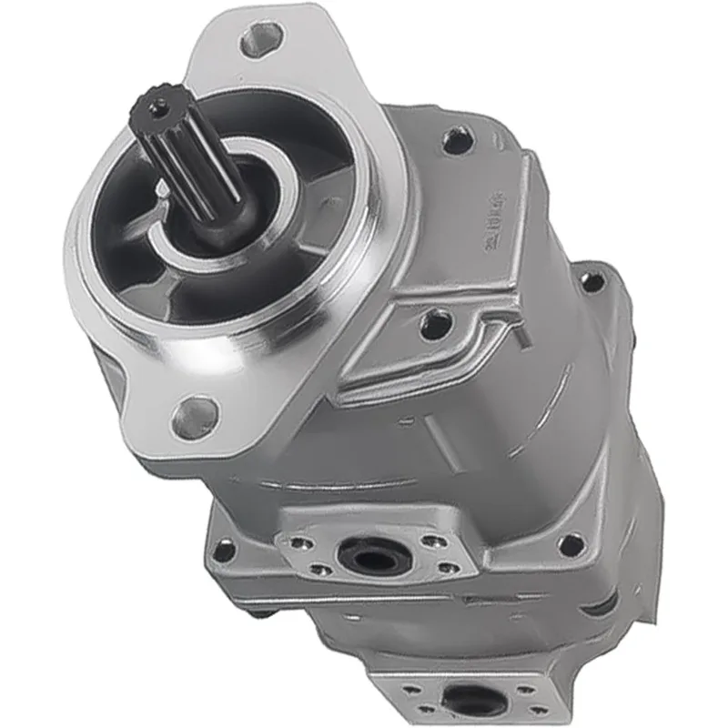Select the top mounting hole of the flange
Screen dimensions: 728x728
263,37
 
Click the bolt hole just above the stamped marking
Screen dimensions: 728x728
456,140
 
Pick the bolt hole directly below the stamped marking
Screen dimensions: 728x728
436,321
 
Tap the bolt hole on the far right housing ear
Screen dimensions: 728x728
592,281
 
